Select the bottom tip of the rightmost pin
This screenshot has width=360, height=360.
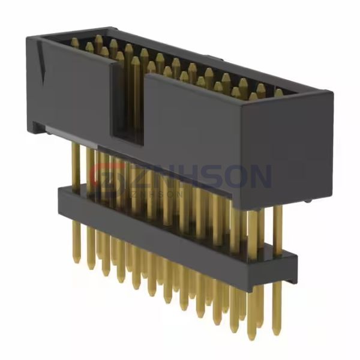[276, 332]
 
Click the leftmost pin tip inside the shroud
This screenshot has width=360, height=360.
[74, 42]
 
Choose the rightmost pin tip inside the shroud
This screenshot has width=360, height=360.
[278, 93]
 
